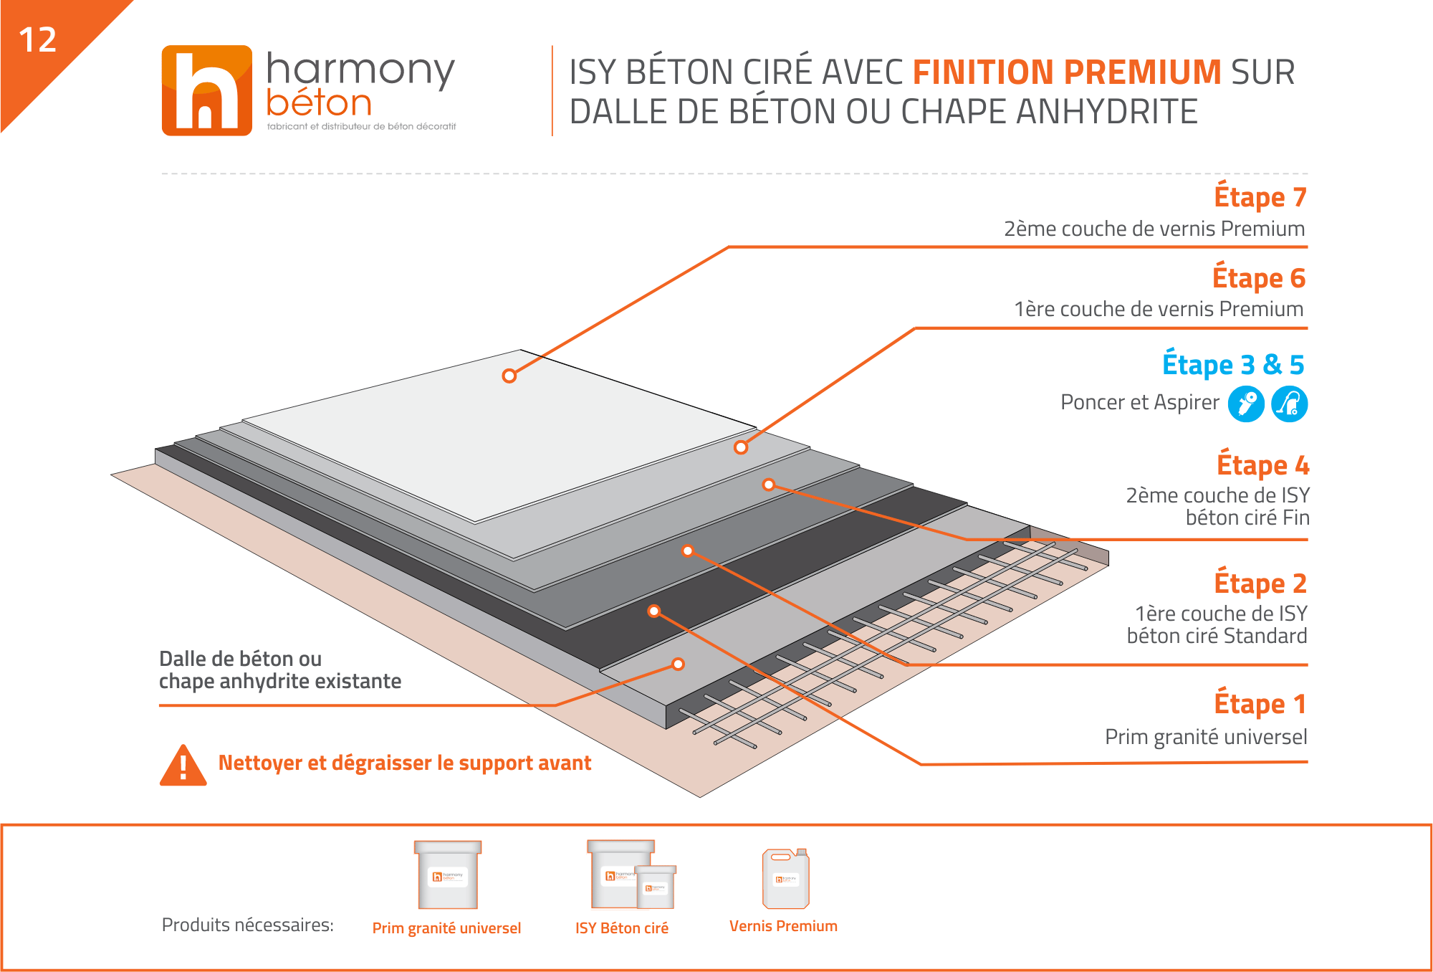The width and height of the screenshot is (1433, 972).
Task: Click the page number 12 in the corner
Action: (37, 40)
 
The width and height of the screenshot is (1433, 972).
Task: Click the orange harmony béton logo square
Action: (207, 90)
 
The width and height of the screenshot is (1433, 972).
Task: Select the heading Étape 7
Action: (1260, 196)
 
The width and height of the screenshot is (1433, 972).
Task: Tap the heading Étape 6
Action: (1259, 277)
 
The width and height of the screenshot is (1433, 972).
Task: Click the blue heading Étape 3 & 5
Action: (1233, 364)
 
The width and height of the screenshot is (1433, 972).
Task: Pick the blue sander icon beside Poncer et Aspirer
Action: (1246, 404)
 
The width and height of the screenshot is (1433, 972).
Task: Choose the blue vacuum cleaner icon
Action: (1290, 404)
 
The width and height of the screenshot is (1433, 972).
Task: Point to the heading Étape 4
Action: (1262, 464)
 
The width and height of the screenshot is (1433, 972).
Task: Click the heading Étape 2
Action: (1260, 583)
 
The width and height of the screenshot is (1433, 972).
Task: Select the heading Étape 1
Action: (1260, 703)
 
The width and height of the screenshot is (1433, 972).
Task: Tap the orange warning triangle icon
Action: (183, 766)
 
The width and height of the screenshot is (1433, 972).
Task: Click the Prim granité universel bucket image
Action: (448, 875)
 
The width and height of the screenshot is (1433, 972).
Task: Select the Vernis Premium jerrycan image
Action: (786, 878)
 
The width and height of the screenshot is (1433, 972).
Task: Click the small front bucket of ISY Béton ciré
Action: (656, 887)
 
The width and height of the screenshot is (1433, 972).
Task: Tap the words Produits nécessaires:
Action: (248, 925)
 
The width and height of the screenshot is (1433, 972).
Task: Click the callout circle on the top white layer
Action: (509, 376)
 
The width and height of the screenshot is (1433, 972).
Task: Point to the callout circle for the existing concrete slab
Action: (678, 664)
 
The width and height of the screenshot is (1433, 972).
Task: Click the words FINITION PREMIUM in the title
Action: (1067, 72)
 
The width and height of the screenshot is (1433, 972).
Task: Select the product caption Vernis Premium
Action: (783, 926)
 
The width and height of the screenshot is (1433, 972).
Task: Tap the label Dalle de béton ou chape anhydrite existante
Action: (280, 670)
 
